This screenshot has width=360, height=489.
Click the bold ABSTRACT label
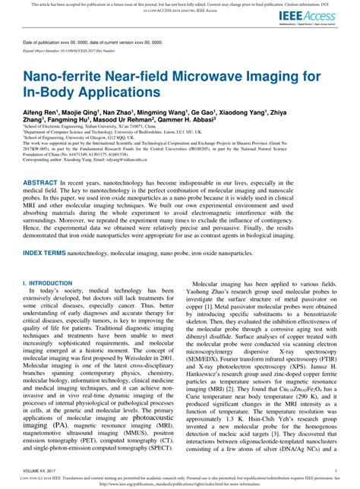pyautogui.click(x=40, y=184)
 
